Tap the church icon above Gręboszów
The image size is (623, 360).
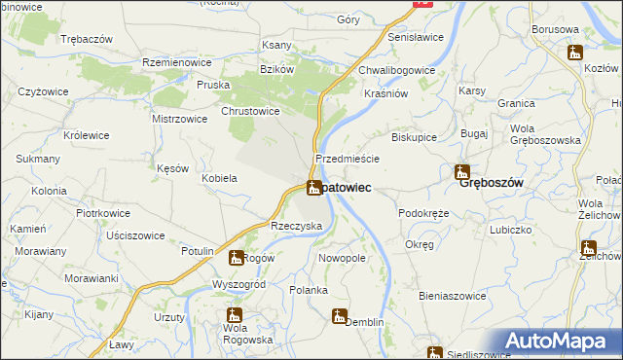[x=462, y=171]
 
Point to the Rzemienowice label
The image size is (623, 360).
[x=177, y=61]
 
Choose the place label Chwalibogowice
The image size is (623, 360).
[x=396, y=70]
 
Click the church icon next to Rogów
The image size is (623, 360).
[x=236, y=258]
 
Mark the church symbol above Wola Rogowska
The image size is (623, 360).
[x=234, y=314]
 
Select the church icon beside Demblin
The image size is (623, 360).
[x=339, y=315]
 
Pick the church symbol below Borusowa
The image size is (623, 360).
[x=574, y=52]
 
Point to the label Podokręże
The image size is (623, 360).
[x=423, y=212]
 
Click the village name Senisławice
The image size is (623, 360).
[x=416, y=36]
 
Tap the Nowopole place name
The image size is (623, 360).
[x=342, y=258]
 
